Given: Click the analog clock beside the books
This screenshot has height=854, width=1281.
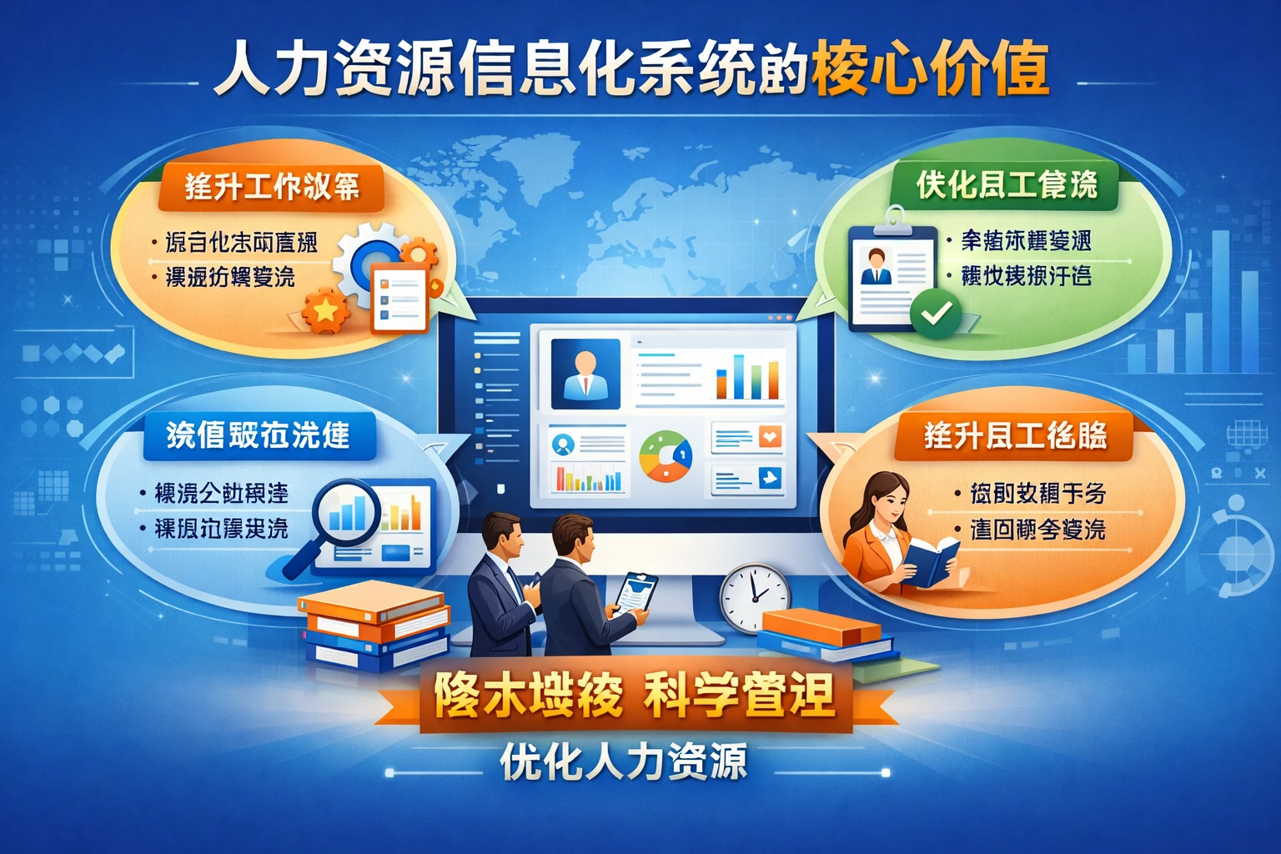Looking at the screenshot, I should point(755,597).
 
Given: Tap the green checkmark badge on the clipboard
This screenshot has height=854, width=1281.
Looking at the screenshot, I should point(936,314).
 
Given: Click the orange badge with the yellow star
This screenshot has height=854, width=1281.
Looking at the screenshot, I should point(325,311).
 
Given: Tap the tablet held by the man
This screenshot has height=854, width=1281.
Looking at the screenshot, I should point(635,592).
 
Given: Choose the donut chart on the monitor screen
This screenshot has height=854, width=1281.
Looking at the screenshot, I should point(665,456).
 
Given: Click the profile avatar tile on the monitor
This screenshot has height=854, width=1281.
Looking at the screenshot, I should point(585,373).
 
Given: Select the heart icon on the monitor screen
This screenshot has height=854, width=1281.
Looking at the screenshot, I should point(770,435).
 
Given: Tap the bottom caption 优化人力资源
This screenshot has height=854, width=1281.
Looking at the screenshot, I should point(623,762).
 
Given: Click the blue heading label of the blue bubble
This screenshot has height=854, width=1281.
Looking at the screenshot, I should point(258,435).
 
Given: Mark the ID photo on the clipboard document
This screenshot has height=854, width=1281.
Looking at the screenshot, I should point(876,267).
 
